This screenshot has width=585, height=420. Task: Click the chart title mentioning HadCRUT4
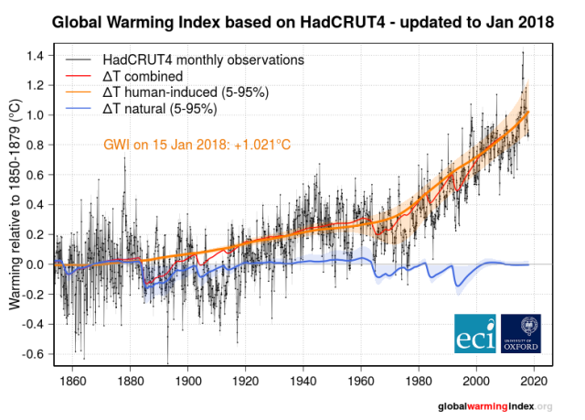(x=302, y=20)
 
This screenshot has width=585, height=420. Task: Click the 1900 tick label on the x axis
(x=189, y=380)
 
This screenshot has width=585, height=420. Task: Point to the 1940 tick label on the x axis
(x=304, y=380)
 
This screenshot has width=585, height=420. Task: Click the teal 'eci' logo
(x=476, y=334)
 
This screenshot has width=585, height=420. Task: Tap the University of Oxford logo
(x=522, y=334)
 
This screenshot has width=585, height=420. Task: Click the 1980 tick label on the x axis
(x=420, y=380)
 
